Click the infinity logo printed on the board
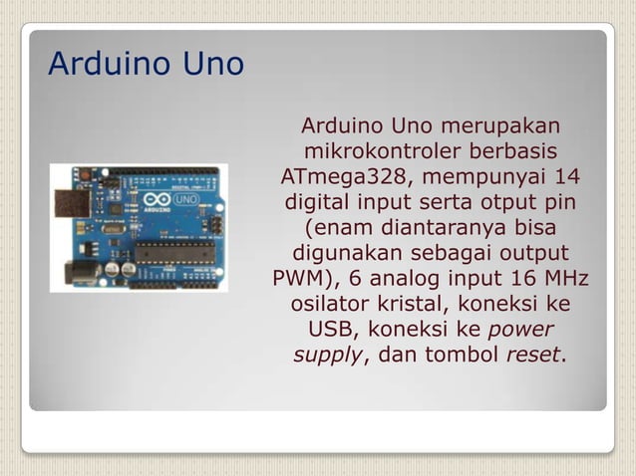click(156, 200)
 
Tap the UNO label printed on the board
click(184, 200)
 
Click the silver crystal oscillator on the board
click(112, 229)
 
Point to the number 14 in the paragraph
click(564, 177)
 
